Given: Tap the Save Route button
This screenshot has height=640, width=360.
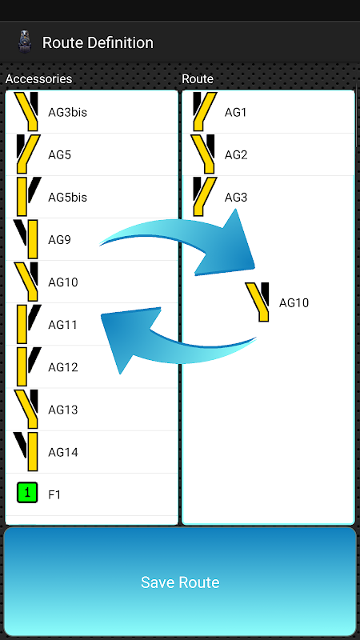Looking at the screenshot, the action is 180,582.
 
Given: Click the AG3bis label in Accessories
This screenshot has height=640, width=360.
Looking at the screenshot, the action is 67,112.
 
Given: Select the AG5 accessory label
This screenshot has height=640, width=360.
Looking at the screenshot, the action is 59,154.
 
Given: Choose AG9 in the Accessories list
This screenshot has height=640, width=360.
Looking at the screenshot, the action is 59,239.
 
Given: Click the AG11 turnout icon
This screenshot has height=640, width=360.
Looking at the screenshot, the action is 29,324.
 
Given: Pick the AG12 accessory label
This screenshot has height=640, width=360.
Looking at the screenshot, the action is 63,367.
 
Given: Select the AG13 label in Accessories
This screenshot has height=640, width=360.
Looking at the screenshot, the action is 63,410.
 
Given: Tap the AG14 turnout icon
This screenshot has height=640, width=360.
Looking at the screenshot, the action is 26,451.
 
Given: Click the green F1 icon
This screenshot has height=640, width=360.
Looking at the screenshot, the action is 27,493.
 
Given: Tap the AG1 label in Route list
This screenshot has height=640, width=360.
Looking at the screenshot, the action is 235,112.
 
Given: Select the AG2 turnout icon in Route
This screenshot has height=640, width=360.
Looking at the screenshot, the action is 203,154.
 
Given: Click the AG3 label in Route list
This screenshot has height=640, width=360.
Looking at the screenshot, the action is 236,197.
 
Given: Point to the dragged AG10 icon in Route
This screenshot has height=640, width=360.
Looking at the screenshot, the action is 257,302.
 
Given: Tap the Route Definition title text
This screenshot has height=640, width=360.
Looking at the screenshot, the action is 98,42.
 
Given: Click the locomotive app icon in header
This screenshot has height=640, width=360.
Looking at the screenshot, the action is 25,42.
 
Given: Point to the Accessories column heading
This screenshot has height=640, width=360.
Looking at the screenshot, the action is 38,78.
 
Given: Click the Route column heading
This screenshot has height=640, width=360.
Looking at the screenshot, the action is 198,78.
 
